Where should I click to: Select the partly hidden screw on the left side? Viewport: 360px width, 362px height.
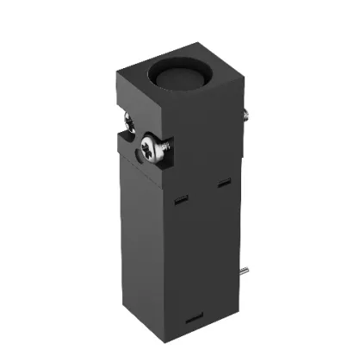[x=127, y=125]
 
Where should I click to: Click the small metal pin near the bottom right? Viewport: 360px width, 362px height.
[x=245, y=272]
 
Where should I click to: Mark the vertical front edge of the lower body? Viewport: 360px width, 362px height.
[x=158, y=259]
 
